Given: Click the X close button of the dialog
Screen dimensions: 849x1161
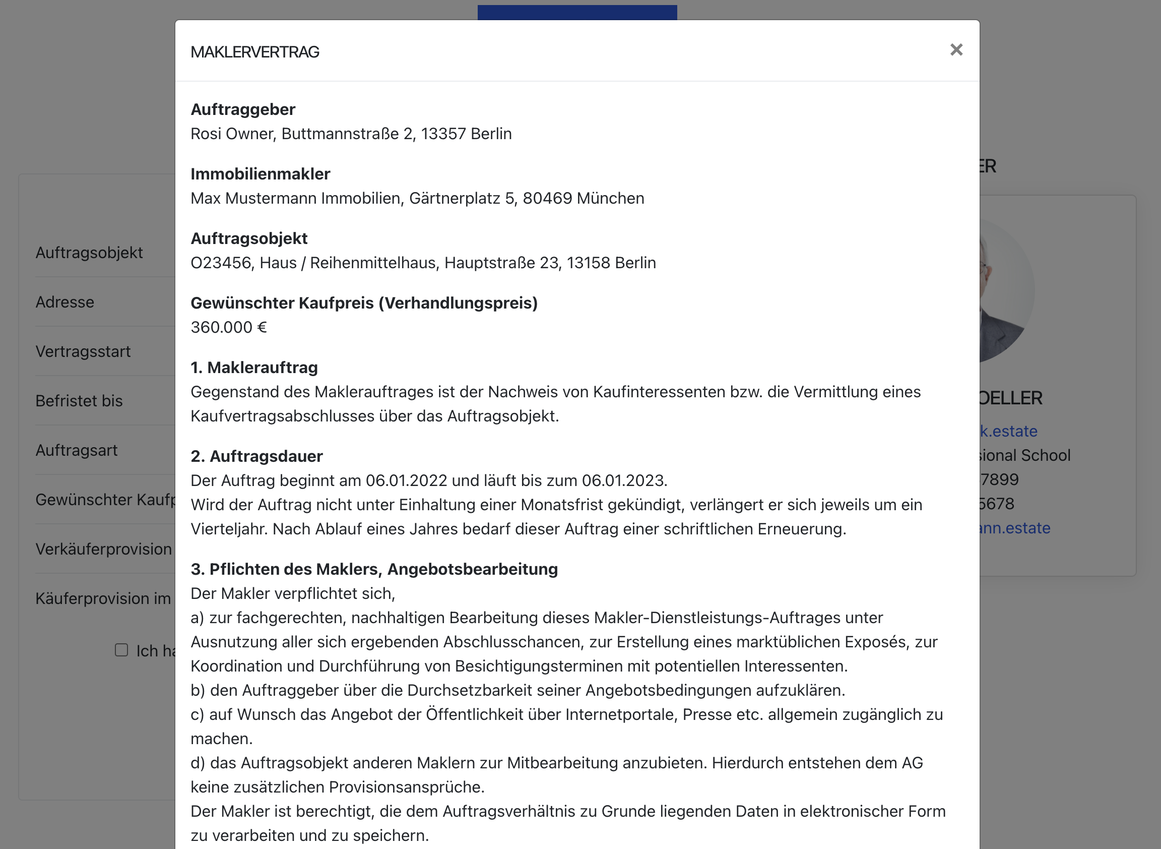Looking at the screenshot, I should (956, 50).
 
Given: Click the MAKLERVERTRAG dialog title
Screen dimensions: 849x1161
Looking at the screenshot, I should (255, 52).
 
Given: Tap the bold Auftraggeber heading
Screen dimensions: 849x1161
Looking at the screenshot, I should (243, 109).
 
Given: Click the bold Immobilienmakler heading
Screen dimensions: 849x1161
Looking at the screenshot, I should (261, 174).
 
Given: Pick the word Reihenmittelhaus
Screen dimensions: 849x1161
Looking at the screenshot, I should (373, 263).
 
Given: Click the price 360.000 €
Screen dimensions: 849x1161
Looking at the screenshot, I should (229, 327).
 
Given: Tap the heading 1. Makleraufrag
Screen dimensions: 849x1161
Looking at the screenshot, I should (254, 368).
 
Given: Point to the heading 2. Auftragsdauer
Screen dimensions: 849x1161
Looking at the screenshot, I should (257, 456).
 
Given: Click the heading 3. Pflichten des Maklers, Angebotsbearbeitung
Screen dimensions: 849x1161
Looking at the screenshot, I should (374, 569).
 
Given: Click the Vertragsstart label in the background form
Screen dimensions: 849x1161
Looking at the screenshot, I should (83, 351).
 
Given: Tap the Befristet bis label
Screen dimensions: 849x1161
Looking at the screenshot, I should (79, 401).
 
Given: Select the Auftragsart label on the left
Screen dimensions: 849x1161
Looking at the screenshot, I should (77, 450).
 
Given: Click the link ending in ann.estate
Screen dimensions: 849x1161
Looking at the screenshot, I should (1014, 528).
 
